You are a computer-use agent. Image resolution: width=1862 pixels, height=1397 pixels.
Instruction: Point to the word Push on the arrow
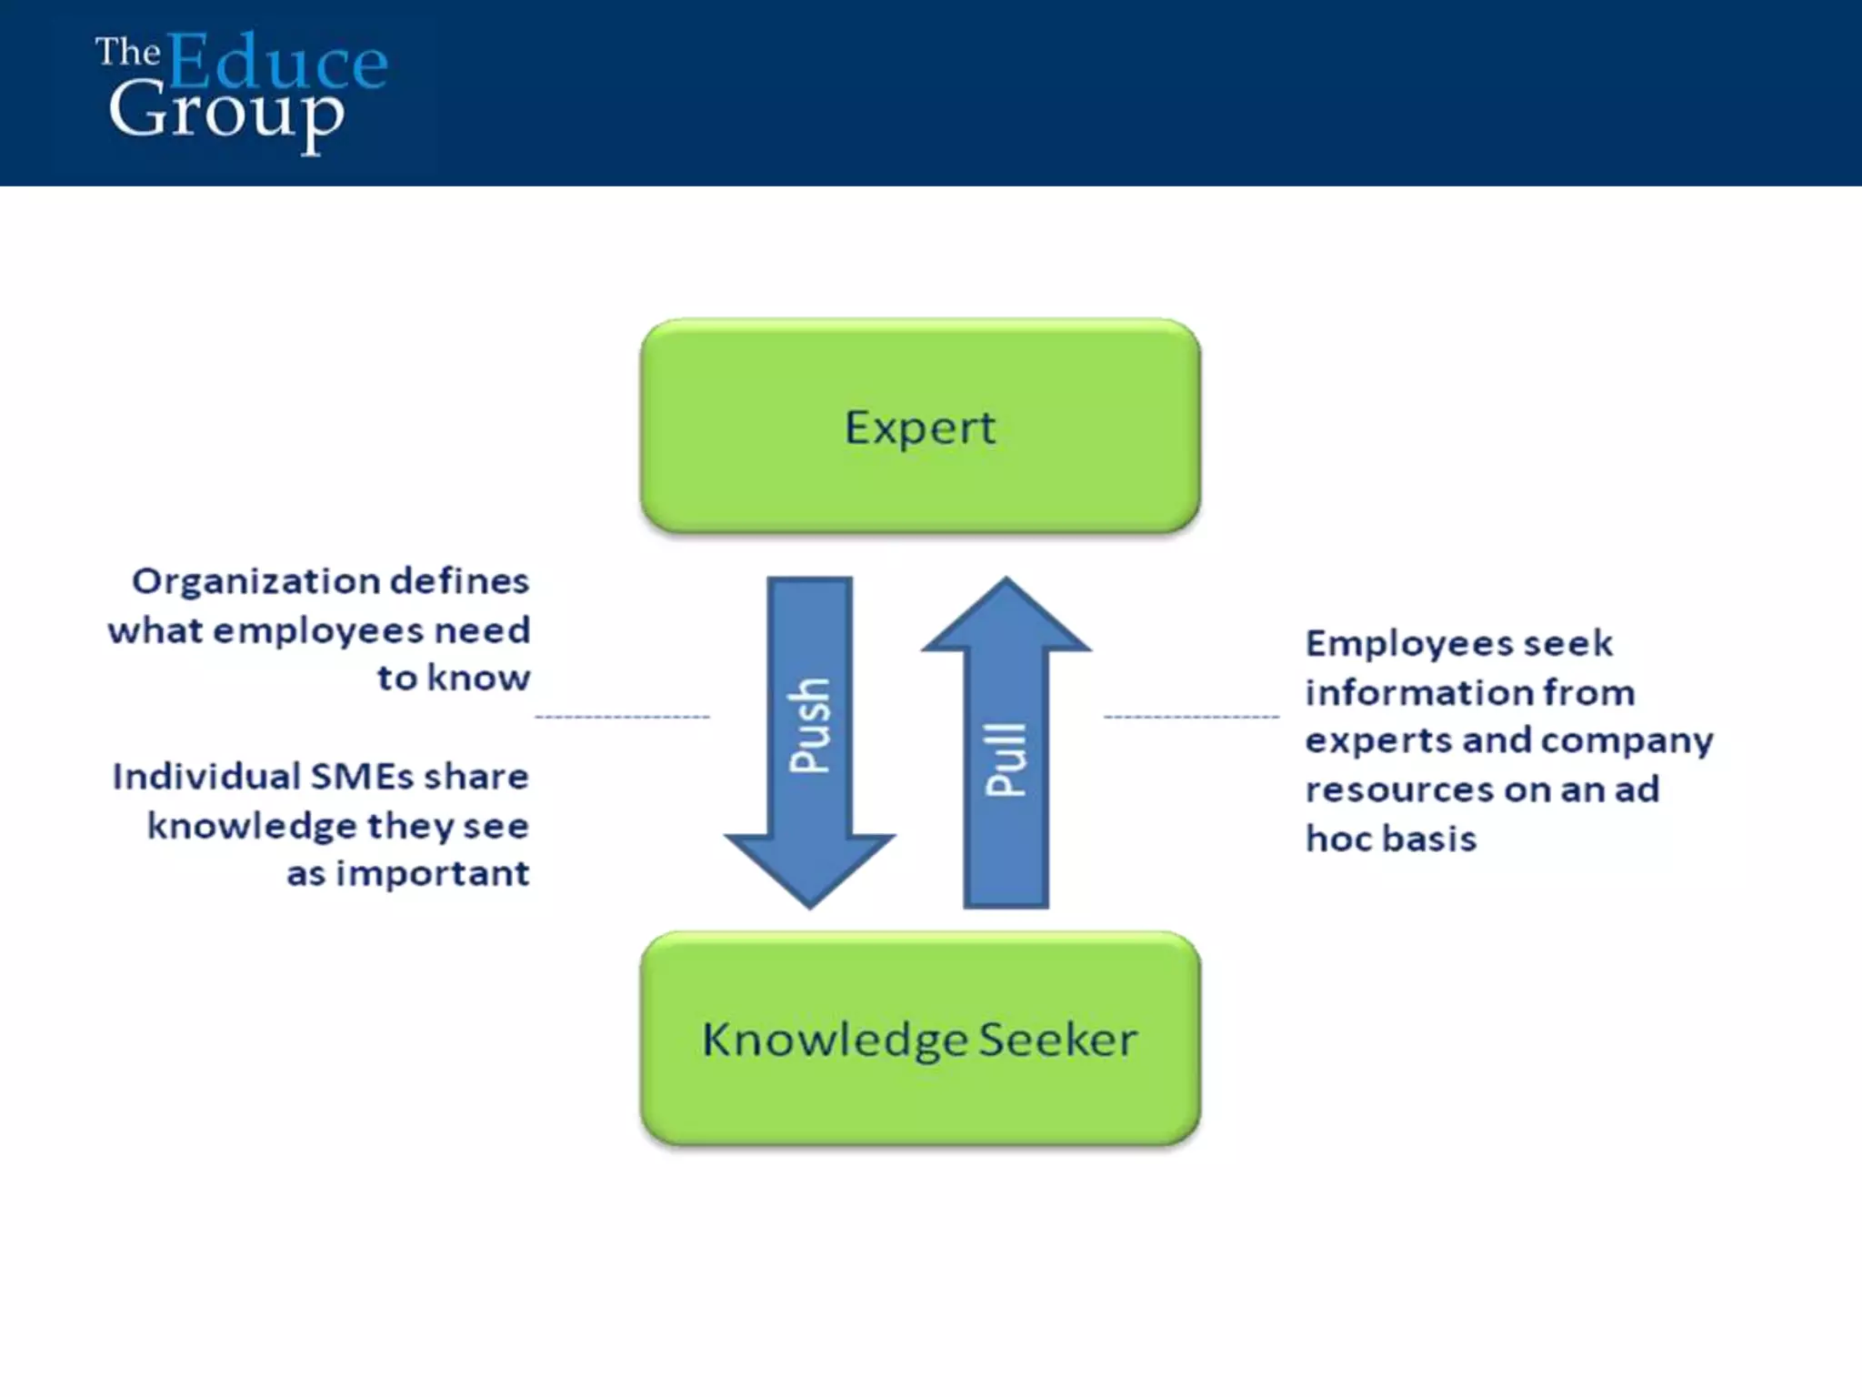click(809, 726)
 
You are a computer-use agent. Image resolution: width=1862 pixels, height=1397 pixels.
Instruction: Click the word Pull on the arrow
click(1006, 760)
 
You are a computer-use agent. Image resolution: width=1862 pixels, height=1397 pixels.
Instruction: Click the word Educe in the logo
click(277, 62)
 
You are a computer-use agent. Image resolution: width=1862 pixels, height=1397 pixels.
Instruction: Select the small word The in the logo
click(127, 52)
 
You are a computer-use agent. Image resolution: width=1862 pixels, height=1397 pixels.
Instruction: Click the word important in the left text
click(433, 874)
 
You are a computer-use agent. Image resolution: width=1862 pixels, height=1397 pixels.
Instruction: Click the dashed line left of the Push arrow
click(622, 717)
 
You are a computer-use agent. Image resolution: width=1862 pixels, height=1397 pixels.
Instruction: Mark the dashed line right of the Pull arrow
click(1191, 717)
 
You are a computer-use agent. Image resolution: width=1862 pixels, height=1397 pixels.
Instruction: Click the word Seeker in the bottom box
click(1057, 1040)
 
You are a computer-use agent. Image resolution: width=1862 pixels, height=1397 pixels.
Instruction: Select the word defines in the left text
click(459, 581)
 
